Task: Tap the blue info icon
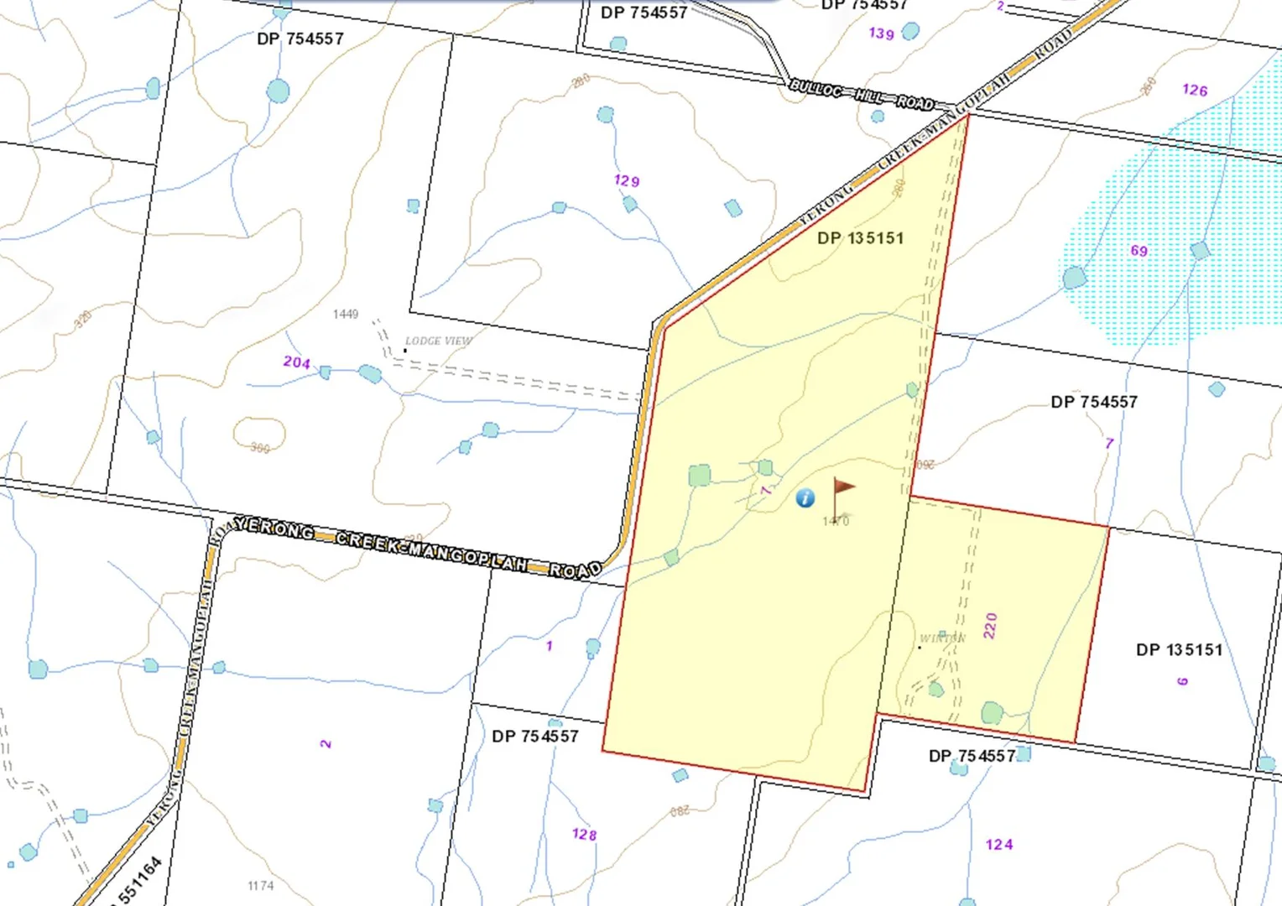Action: click(x=805, y=498)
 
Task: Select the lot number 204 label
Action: click(x=296, y=362)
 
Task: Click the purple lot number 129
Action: click(x=627, y=180)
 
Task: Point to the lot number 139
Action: click(x=881, y=34)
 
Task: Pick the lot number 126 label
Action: click(x=1195, y=90)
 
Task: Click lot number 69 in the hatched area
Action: click(x=1139, y=251)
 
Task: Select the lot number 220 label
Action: click(x=991, y=626)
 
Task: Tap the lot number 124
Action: click(x=999, y=845)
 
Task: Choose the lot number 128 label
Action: click(x=584, y=835)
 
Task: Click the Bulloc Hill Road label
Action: click(x=862, y=96)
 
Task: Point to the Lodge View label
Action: click(x=438, y=341)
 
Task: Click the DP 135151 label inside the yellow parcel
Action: click(x=860, y=238)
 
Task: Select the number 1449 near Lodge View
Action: click(x=346, y=314)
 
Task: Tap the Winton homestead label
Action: click(x=942, y=638)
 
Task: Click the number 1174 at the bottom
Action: click(x=261, y=886)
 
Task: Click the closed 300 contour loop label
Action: click(x=260, y=447)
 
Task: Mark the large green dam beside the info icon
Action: click(x=699, y=476)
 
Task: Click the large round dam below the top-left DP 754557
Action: click(x=278, y=91)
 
